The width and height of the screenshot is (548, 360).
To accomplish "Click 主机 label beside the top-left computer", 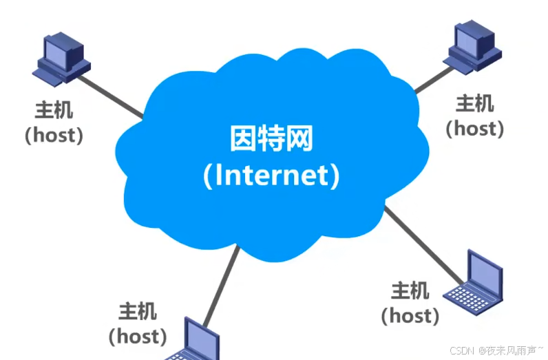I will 54,110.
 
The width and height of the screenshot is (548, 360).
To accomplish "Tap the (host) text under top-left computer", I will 54,134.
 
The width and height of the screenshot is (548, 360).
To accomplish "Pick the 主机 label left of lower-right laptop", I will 410,290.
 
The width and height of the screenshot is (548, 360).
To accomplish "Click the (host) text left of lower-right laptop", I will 410,315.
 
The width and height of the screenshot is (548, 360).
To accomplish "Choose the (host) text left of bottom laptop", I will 138,336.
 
